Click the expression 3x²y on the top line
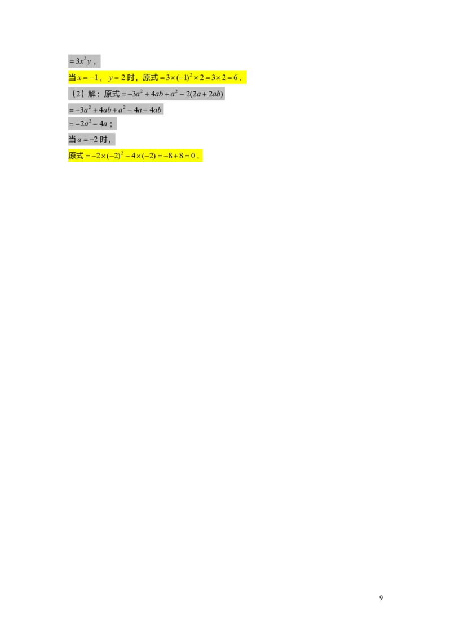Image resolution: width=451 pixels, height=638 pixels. (x=83, y=61)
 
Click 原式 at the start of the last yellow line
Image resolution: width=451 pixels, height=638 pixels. (x=76, y=155)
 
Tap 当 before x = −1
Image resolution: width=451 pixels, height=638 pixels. (x=72, y=78)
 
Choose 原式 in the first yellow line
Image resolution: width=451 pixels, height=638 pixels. (x=150, y=78)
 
